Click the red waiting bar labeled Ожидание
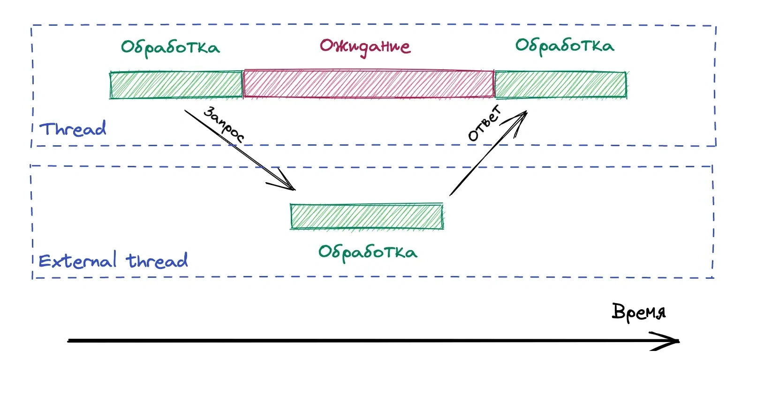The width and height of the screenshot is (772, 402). pyautogui.click(x=369, y=84)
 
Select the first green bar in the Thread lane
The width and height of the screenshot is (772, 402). pyautogui.click(x=176, y=85)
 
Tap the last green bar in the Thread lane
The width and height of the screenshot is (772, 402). pyautogui.click(x=561, y=85)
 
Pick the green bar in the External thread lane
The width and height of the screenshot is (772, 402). pyautogui.click(x=367, y=217)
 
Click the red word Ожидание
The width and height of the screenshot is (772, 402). pyautogui.click(x=365, y=47)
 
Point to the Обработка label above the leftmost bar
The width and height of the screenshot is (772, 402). pyautogui.click(x=170, y=48)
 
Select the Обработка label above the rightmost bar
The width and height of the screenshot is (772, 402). pyautogui.click(x=565, y=46)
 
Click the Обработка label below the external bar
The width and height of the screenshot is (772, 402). pyautogui.click(x=368, y=253)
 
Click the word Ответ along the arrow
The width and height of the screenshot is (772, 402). pyautogui.click(x=485, y=124)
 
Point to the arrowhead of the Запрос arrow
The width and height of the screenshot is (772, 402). pyautogui.click(x=293, y=189)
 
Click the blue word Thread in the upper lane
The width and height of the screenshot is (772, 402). pyautogui.click(x=73, y=128)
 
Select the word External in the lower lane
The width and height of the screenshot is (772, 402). pyautogui.click(x=77, y=260)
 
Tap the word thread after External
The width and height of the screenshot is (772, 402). pyautogui.click(x=157, y=260)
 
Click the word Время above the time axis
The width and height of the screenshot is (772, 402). pyautogui.click(x=638, y=312)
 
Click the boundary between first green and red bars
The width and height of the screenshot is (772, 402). pyautogui.click(x=243, y=85)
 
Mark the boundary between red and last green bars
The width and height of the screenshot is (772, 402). pyautogui.click(x=494, y=85)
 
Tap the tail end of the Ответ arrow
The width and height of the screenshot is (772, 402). pyautogui.click(x=451, y=194)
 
